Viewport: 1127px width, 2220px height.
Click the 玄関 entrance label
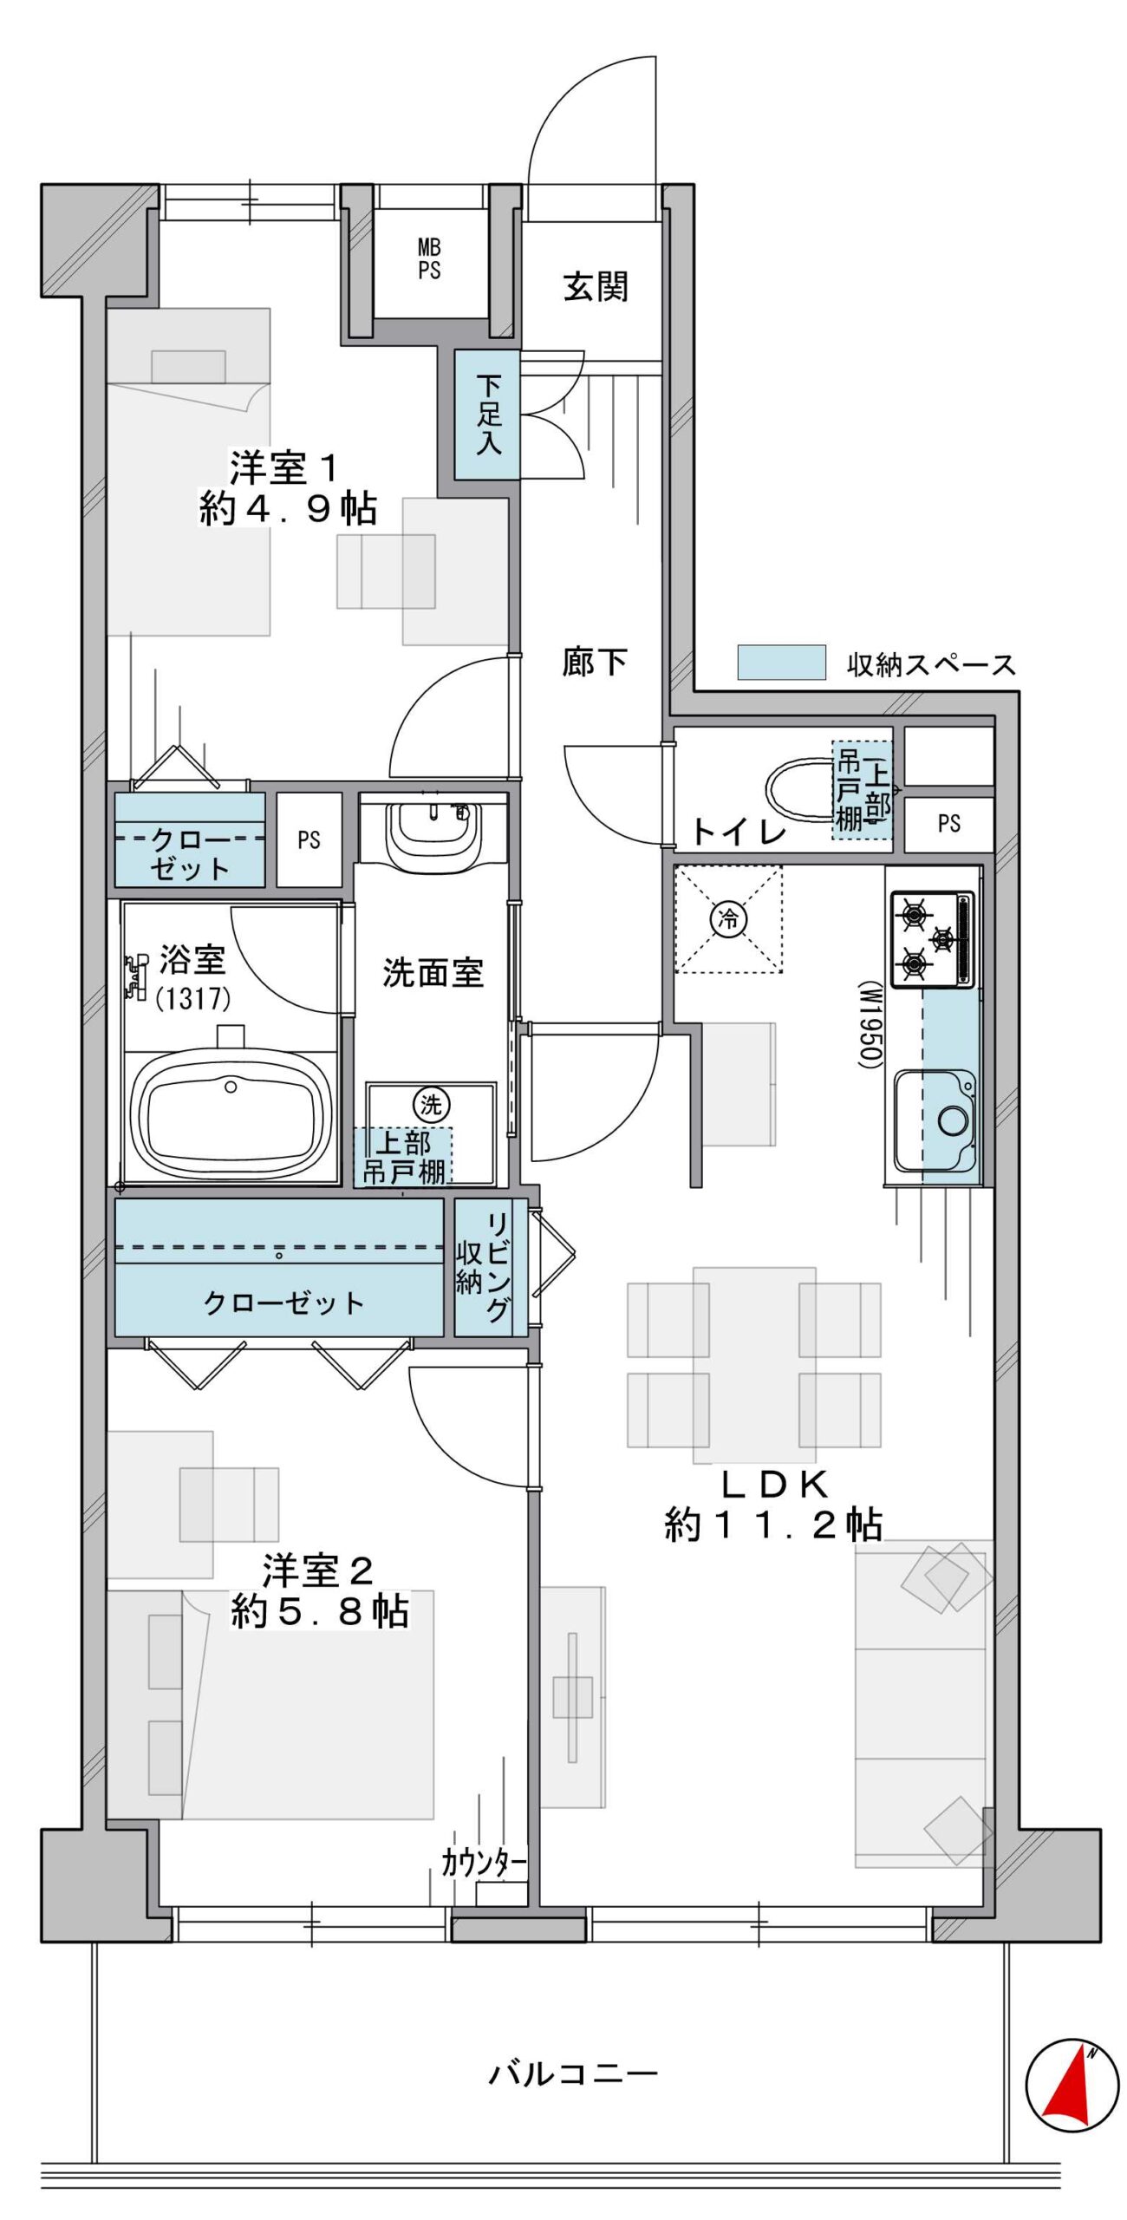coord(596,286)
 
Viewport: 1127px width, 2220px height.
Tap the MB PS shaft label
coord(429,259)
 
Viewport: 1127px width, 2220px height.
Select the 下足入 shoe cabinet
coord(487,415)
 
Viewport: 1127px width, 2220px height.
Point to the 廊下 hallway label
coord(594,663)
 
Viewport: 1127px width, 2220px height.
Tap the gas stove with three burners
coord(932,939)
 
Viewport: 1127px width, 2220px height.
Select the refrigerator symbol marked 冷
coord(728,918)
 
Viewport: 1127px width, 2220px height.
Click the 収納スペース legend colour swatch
coord(781,663)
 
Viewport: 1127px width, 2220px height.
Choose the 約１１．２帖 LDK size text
coord(773,1524)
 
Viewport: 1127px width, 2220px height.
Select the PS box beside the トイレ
coord(949,823)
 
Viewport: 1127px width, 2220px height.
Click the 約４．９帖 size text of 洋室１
coord(288,508)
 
